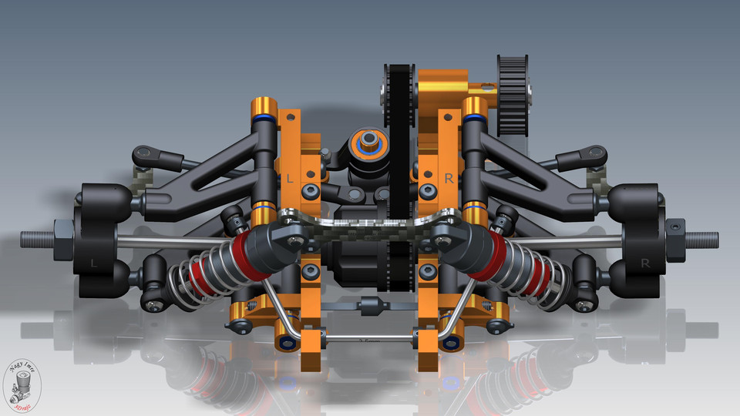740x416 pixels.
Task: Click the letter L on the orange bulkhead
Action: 290,179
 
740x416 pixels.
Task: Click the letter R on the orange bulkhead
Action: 449,178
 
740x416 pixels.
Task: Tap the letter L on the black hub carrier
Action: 94,263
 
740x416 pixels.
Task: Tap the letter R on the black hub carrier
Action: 644,263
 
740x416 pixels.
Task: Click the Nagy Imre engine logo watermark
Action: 23,385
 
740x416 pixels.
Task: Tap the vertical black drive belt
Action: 399,177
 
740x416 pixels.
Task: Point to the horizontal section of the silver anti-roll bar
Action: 370,337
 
